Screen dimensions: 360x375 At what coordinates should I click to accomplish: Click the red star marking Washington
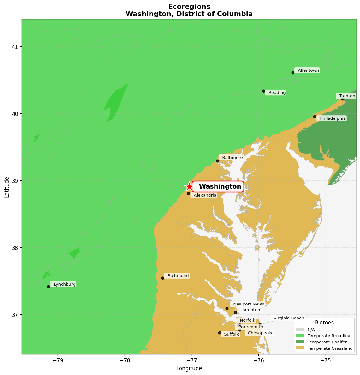click(189, 186)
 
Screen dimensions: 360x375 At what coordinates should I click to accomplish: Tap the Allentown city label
click(307, 70)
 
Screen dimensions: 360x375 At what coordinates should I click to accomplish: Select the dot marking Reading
click(263, 91)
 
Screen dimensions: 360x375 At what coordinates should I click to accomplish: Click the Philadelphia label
click(332, 118)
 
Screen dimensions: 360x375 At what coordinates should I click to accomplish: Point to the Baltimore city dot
click(218, 161)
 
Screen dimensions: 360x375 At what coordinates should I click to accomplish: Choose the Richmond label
click(177, 276)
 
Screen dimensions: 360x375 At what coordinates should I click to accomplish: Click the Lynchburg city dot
click(48, 287)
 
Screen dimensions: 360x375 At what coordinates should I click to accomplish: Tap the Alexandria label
click(204, 195)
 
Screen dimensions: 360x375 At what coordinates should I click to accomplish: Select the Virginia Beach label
click(288, 318)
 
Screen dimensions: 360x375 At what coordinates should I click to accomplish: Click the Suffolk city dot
click(220, 333)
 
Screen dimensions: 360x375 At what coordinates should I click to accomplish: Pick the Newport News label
click(248, 304)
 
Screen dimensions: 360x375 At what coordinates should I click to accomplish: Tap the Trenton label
click(346, 96)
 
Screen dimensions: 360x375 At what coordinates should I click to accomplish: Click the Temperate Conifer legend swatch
click(300, 342)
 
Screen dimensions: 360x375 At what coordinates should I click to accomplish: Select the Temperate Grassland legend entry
click(330, 348)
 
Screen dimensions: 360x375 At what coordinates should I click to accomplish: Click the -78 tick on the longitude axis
click(125, 360)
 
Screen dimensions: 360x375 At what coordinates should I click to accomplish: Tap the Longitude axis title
click(189, 368)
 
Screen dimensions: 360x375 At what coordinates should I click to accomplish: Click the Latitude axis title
click(7, 187)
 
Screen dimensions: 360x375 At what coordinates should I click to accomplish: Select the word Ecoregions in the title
click(189, 7)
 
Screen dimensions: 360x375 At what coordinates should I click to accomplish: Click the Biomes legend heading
click(324, 323)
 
